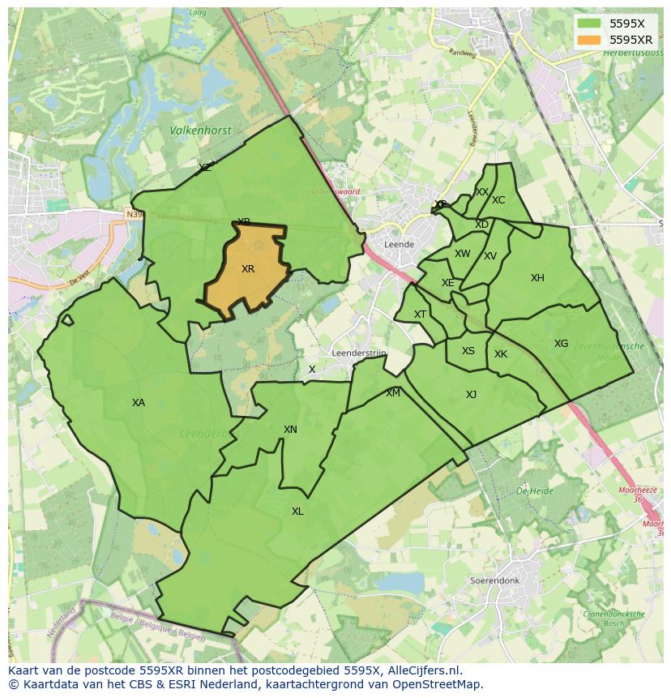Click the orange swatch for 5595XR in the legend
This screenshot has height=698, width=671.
pos(590,40)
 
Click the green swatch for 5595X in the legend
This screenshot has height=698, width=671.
pos(590,24)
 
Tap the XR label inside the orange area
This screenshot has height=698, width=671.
pos(248,269)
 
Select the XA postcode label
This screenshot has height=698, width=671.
pos(139,403)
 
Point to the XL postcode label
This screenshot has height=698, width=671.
pos(297,512)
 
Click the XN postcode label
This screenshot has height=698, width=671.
pos(290,430)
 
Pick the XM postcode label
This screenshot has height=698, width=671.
pos(393,393)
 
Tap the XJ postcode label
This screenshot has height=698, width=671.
pos(471,395)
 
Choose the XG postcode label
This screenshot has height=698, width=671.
pos(561,344)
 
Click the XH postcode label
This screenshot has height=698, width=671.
pos(537,278)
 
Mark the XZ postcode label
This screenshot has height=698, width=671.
pos(205,168)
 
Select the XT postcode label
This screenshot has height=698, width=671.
pos(420,315)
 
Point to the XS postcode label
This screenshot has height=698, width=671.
pos(468,351)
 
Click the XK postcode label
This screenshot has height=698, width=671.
pos(501,354)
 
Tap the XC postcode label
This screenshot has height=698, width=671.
pos(498,200)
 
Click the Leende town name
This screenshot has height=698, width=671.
pos(399,244)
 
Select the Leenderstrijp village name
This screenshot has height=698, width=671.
pos(359,353)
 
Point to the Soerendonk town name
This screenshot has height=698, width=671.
pos(494,581)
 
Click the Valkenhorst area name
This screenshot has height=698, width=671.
pos(200,130)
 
